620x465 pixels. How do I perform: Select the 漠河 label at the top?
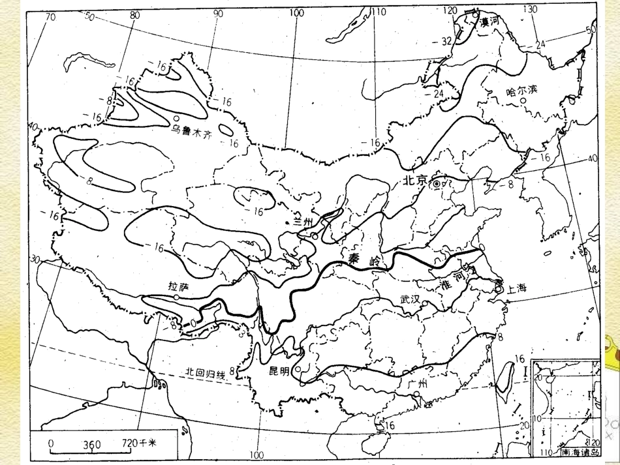[490, 21]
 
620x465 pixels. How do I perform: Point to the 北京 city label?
[415, 182]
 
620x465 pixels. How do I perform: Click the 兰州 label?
[303, 222]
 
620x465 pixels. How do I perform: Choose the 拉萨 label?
[178, 286]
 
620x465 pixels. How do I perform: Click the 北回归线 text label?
[205, 373]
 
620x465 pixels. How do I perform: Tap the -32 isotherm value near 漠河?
[445, 41]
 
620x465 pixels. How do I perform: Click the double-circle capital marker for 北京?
[437, 184]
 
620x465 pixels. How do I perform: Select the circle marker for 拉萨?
[177, 297]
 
